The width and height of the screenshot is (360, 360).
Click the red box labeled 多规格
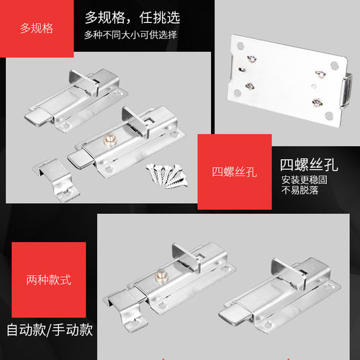click(37, 30)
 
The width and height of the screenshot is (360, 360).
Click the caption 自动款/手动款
click(50, 331)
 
